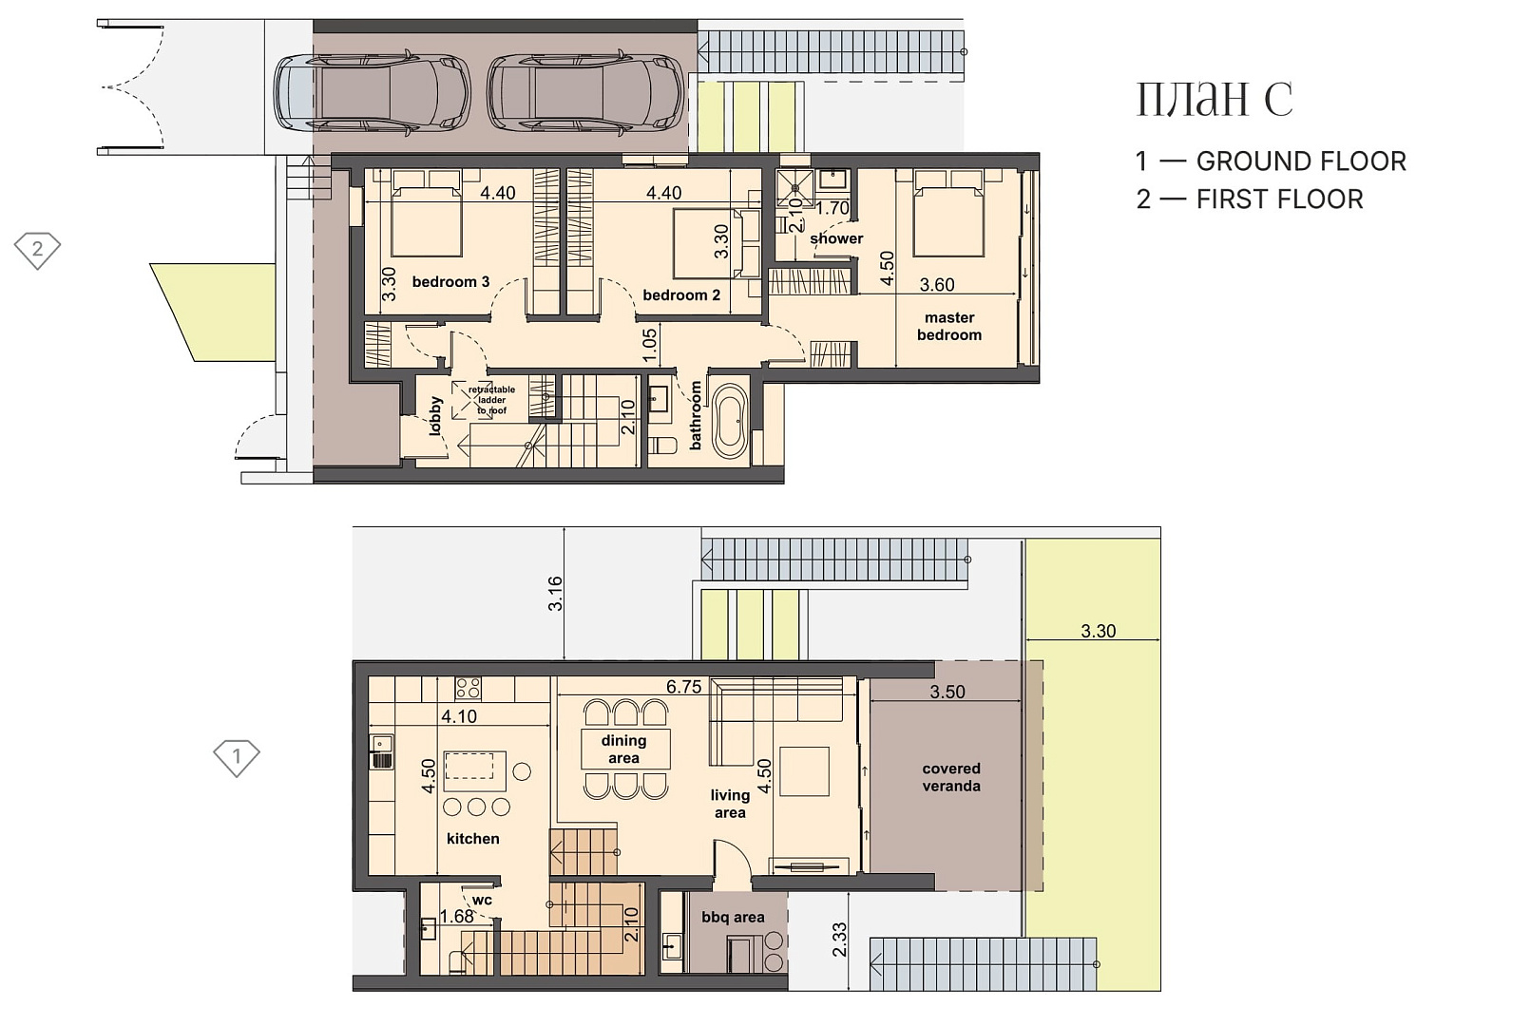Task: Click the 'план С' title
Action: (x=1215, y=99)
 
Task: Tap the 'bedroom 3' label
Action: (x=450, y=281)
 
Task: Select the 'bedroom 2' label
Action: (x=681, y=295)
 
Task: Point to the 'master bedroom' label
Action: (x=949, y=327)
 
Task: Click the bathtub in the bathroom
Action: (x=730, y=421)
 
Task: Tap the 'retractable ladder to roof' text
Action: (x=491, y=400)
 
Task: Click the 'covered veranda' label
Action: (x=951, y=777)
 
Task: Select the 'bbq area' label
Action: (x=733, y=918)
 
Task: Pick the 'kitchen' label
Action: (x=473, y=839)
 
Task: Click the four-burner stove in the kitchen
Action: (x=469, y=688)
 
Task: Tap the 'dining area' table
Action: (x=625, y=749)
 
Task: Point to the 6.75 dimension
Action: (x=683, y=687)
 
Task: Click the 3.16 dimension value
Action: (x=555, y=594)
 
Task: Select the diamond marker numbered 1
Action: (x=237, y=757)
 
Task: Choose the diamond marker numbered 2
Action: (x=38, y=250)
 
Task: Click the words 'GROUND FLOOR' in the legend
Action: (x=1301, y=161)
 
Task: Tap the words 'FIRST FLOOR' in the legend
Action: (x=1279, y=199)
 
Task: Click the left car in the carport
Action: (x=373, y=91)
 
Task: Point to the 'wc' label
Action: (x=482, y=901)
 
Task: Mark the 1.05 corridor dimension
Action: (x=649, y=345)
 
